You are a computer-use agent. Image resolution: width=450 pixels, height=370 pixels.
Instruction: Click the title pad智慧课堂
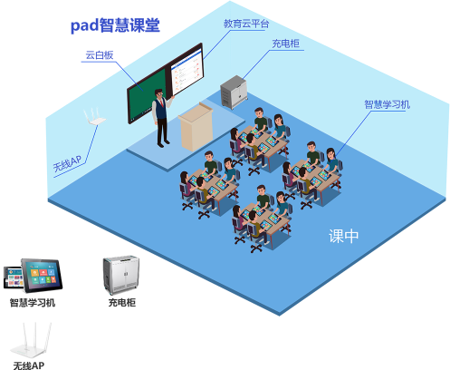[x=115, y=25]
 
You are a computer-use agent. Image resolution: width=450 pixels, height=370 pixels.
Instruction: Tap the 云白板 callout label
[x=100, y=55]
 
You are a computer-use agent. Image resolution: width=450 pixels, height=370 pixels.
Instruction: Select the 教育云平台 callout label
[x=246, y=24]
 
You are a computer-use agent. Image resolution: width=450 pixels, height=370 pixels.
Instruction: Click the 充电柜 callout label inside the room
[x=285, y=44]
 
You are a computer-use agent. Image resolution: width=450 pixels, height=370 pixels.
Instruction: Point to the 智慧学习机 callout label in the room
[x=388, y=104]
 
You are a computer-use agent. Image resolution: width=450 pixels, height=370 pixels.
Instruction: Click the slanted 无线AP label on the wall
[x=67, y=163]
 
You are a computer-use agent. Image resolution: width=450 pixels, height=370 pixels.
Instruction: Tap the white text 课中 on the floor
[x=343, y=236]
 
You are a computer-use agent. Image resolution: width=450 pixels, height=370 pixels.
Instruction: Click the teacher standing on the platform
[x=162, y=118]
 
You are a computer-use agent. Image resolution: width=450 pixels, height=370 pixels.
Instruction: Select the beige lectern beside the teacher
[x=196, y=127]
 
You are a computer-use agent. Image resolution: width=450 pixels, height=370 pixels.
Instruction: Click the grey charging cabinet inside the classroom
[x=234, y=92]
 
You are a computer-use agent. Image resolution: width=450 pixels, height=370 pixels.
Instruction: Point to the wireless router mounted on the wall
[x=94, y=116]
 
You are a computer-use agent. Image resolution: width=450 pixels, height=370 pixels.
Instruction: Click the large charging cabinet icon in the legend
[x=121, y=275]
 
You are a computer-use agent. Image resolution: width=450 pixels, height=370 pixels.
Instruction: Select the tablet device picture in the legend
[x=33, y=276]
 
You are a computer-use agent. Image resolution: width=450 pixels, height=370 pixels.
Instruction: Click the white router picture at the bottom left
[x=31, y=340]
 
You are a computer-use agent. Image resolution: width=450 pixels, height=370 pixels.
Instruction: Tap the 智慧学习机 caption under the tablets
[x=33, y=303]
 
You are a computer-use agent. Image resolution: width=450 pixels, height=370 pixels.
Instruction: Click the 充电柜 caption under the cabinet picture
[x=122, y=303]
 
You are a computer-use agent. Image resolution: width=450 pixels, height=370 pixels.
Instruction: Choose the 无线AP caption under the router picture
[x=29, y=365]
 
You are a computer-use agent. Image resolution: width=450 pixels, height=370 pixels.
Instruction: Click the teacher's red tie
[x=162, y=102]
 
